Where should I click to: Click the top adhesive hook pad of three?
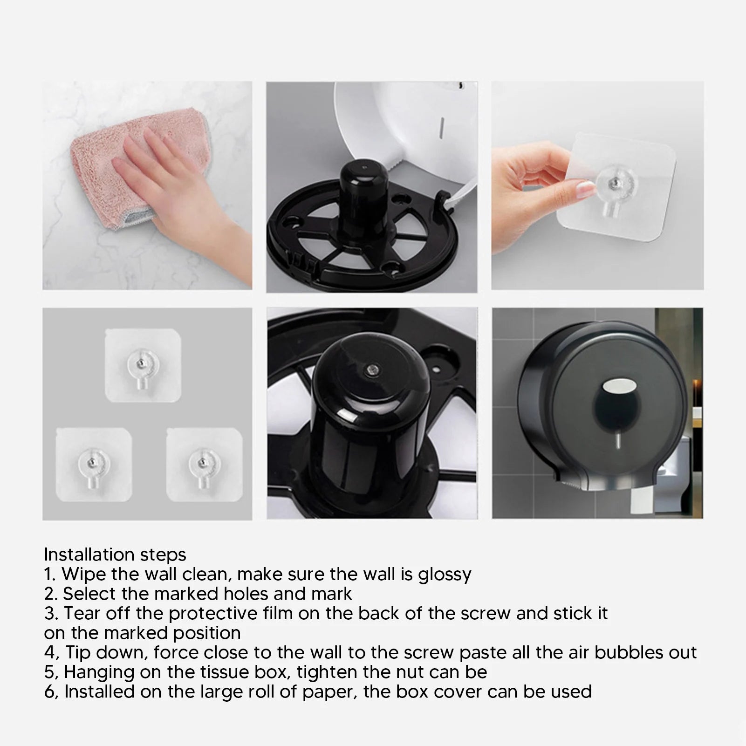[x=143, y=365]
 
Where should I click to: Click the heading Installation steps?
[x=115, y=554]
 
